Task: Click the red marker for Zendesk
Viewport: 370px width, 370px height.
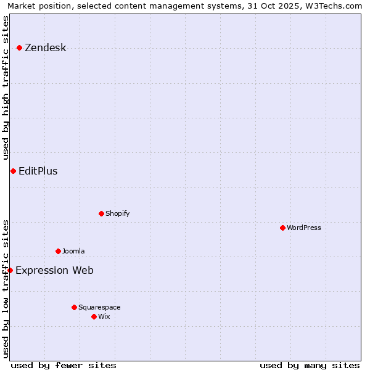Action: pos(20,47)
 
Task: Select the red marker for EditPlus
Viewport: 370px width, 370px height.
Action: pos(13,171)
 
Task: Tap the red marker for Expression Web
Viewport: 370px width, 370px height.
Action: pos(10,270)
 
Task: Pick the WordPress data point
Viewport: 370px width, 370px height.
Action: pos(282,228)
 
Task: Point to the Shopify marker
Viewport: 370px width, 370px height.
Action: pos(101,213)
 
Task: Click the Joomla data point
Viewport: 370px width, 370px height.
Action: pos(58,251)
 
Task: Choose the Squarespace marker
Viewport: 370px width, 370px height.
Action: pos(74,307)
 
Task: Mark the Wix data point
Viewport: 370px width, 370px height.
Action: pos(94,316)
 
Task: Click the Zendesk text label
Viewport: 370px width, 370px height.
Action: pos(45,48)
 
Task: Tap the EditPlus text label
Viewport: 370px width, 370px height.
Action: pos(38,171)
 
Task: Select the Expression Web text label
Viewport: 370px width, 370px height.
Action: pos(54,270)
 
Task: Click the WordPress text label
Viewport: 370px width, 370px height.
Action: pos(304,228)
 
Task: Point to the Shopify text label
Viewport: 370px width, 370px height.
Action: pos(117,214)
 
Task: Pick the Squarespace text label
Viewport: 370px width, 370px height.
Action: pos(99,308)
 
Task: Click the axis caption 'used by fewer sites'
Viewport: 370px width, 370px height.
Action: pos(64,365)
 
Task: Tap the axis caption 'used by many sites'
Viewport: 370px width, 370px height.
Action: pos(310,365)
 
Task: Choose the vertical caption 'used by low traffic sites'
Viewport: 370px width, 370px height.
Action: pos(6,289)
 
